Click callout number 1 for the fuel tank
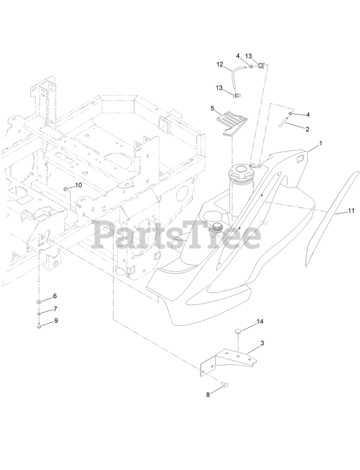coord(320,144)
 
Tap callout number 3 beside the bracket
coord(262,343)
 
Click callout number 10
coord(78,185)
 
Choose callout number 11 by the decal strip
coord(351,211)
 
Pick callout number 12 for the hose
coord(220,64)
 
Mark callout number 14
coord(260,321)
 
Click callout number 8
coord(208,395)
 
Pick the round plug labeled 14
coord(238,332)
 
